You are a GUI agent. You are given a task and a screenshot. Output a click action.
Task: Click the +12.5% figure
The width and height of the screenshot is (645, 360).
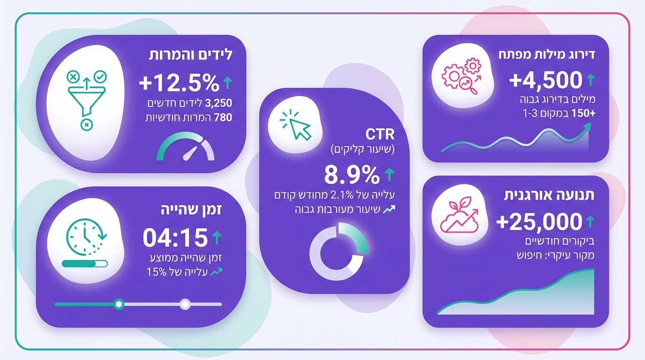(179, 83)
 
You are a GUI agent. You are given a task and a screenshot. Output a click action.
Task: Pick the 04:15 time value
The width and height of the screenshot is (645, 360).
(175, 238)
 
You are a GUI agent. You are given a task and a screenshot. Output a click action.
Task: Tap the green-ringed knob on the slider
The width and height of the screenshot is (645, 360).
(119, 304)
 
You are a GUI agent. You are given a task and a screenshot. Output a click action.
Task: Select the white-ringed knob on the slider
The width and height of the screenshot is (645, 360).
(185, 304)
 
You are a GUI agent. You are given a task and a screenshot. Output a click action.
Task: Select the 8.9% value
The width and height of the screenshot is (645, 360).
(352, 175)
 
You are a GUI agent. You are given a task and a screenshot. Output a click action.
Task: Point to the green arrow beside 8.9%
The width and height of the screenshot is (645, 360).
(389, 175)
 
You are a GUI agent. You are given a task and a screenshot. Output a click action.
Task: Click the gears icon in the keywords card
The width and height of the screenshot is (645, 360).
(462, 75)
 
